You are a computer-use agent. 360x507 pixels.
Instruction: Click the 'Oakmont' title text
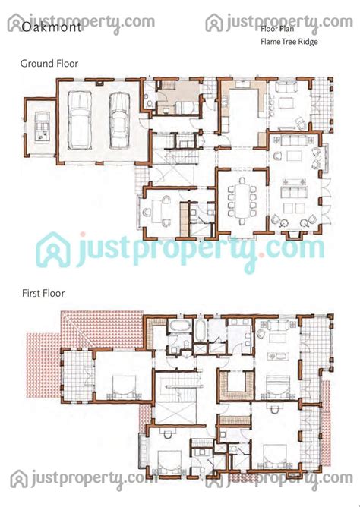point(51,27)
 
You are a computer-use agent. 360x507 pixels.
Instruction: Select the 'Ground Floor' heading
point(49,64)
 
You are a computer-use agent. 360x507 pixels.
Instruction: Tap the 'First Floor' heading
point(43,293)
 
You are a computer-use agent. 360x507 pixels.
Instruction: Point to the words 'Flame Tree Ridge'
point(289,42)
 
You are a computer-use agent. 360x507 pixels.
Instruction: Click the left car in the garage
point(79,120)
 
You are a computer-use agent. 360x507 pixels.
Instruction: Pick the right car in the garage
point(119,121)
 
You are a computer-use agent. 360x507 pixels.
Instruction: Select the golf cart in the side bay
point(42,126)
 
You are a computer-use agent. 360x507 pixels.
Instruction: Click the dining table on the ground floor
point(242,200)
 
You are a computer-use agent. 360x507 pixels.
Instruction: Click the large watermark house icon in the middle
point(53,250)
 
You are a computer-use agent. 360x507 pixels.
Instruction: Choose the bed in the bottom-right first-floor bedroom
point(275,456)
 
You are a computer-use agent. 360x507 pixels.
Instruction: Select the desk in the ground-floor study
point(157,212)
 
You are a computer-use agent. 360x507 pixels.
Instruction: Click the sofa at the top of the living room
point(295,140)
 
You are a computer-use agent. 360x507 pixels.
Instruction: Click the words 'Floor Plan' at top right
point(277,29)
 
